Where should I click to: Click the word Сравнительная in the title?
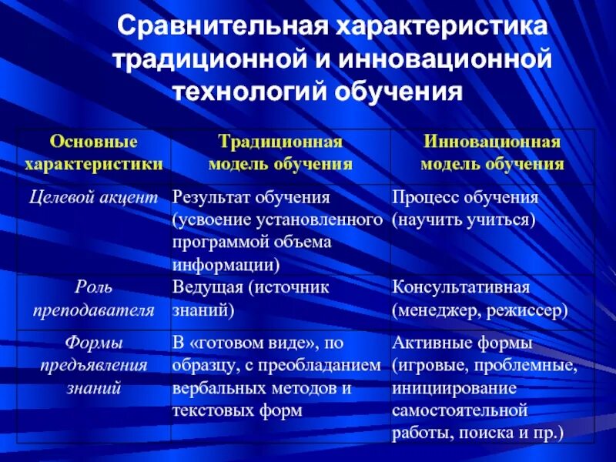tap(223, 28)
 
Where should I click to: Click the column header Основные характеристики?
tap(93, 152)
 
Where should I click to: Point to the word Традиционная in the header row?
tap(280, 142)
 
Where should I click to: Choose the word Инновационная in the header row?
tap(492, 142)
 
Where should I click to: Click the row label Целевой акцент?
tap(93, 197)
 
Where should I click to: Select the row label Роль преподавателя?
tap(93, 299)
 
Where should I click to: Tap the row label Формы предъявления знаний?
tap(93, 364)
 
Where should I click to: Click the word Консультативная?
tap(460, 287)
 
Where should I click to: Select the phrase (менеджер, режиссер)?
tap(480, 310)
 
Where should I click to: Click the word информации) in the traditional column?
tap(225, 265)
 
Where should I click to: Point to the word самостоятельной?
tap(460, 410)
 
